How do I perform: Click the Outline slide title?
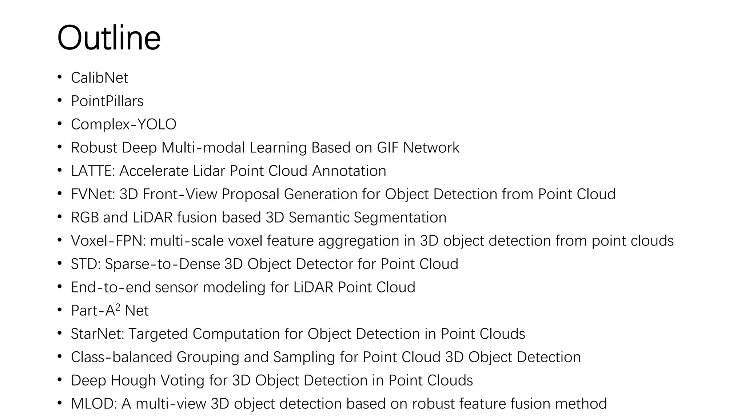tap(109, 38)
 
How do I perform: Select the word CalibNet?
tap(99, 78)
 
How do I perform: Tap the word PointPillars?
tap(107, 101)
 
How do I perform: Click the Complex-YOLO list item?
tap(123, 124)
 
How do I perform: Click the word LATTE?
tap(92, 171)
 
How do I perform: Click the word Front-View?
tap(180, 194)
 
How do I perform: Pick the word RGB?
tap(84, 218)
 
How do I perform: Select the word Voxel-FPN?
tap(108, 241)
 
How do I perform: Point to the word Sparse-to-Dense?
tap(163, 264)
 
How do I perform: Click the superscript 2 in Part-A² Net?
tap(117, 307)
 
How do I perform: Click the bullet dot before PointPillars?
tap(60, 101)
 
